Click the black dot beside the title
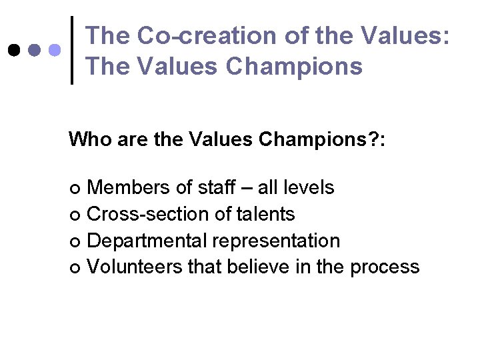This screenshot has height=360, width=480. point(13,50)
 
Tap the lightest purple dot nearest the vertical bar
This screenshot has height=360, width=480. point(55,50)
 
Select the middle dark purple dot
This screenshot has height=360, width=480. point(34,50)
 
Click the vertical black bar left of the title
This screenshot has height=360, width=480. point(73,50)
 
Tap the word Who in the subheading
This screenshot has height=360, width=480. point(90,139)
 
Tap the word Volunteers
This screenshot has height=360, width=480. point(135,267)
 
